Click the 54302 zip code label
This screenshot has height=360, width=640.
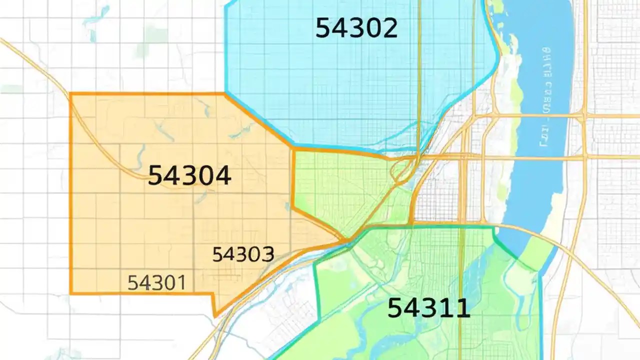pos(356,28)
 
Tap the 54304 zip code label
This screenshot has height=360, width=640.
pos(189,176)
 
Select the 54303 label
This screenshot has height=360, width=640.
pos(243,255)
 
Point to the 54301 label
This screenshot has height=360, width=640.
pos(156,283)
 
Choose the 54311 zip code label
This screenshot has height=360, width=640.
pos(429,308)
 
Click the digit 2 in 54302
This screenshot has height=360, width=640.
pos(388,28)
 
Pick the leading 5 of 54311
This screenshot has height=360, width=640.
pos(395,308)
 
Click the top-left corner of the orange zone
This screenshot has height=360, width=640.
pos(71,94)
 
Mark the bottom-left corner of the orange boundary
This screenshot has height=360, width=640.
pos(71,293)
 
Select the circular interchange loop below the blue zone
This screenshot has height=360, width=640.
pos(401,170)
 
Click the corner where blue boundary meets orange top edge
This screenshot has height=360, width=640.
pos(226,93)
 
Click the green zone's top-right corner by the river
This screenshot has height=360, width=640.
pos(494,227)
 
